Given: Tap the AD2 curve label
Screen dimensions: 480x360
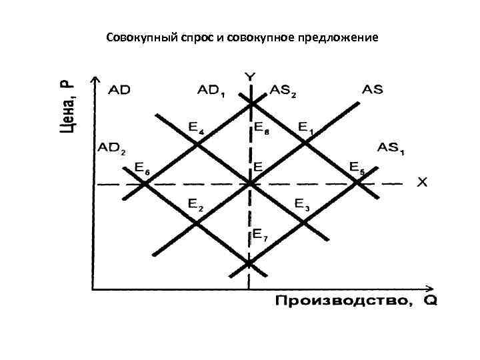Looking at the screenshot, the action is tap(111, 148).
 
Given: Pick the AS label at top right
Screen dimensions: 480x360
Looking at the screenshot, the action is tap(373, 90).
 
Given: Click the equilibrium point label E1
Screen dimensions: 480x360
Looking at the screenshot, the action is tap(305, 127).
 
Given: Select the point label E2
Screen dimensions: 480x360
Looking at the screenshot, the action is tap(195, 205).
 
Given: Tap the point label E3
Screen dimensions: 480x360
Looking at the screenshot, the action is tap(301, 205).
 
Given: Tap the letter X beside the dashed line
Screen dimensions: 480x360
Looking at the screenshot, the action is tap(422, 182).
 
